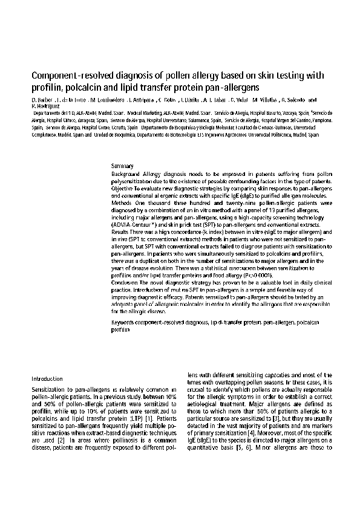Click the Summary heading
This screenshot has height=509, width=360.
(122, 166)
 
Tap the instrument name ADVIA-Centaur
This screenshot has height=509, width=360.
(134, 224)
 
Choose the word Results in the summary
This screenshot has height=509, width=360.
(121, 232)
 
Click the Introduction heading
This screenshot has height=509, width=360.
(47, 378)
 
